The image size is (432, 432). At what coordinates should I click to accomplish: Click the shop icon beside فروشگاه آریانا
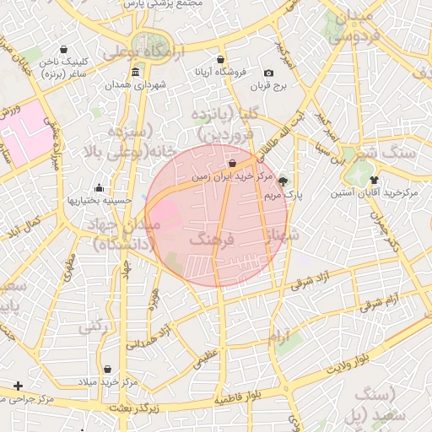[220, 60]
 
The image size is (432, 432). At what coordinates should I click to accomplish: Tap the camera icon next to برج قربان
[268, 73]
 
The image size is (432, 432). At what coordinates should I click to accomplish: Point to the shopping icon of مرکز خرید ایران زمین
[233, 164]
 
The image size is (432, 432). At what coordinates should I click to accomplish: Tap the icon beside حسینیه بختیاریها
[100, 187]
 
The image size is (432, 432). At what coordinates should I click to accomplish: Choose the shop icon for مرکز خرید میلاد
[108, 370]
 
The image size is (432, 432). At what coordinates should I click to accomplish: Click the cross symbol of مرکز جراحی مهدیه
[18, 386]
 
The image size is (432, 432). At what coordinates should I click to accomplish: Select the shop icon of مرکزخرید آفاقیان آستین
[374, 181]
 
